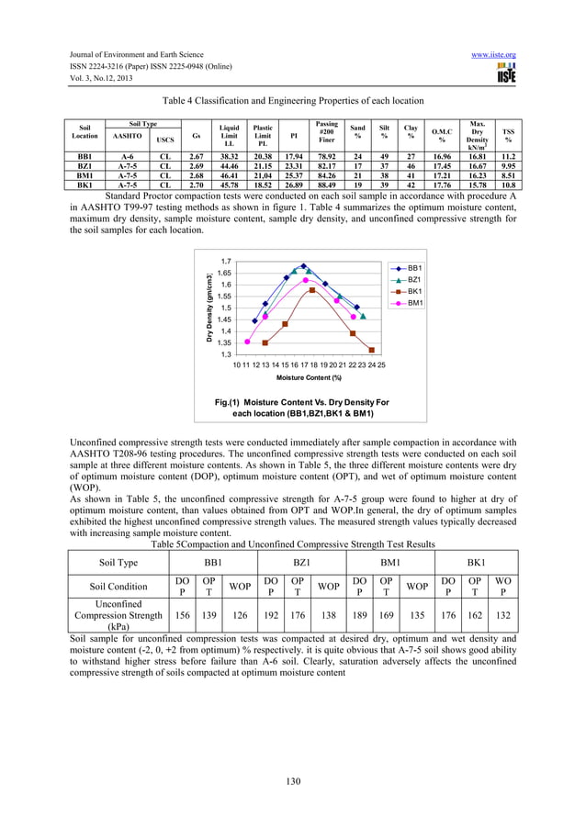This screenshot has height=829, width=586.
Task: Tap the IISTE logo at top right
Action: pos(505,73)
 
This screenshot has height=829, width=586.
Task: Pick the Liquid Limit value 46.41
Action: pos(229,175)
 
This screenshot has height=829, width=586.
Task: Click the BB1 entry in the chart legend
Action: pos(413,266)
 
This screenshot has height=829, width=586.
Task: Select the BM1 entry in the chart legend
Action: pos(413,303)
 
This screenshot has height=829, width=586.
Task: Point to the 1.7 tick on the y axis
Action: pos(225,262)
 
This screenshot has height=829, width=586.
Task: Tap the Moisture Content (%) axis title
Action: pos(310,377)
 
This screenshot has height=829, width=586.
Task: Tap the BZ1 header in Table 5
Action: pos(299,560)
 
